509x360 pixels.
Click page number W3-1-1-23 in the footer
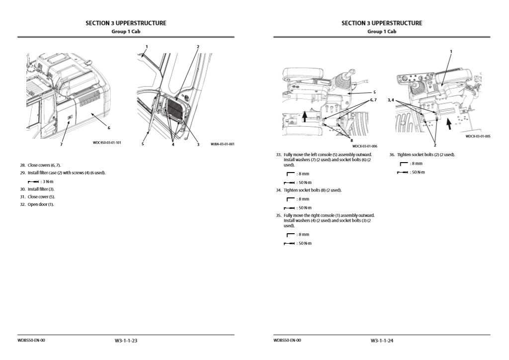pos(125,341)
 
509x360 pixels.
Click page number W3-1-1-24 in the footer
pos(381,341)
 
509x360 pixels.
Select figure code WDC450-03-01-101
pos(107,143)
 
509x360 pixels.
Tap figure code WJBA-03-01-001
pos(222,144)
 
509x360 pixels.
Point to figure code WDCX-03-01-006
pos(364,146)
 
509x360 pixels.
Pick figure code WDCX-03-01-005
pos(478,136)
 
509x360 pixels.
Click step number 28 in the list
pos(23,165)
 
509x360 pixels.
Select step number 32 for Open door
pos(23,204)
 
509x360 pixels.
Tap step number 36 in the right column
pos(392,155)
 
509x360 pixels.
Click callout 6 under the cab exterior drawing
pos(109,128)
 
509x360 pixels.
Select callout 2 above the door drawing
pos(198,47)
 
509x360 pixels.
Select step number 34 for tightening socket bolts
pos(278,190)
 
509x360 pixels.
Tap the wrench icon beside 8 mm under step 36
pos(404,164)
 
